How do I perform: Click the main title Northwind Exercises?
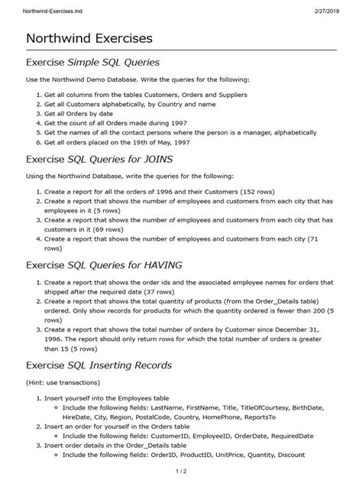(x=89, y=37)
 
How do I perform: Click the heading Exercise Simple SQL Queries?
(x=92, y=62)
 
